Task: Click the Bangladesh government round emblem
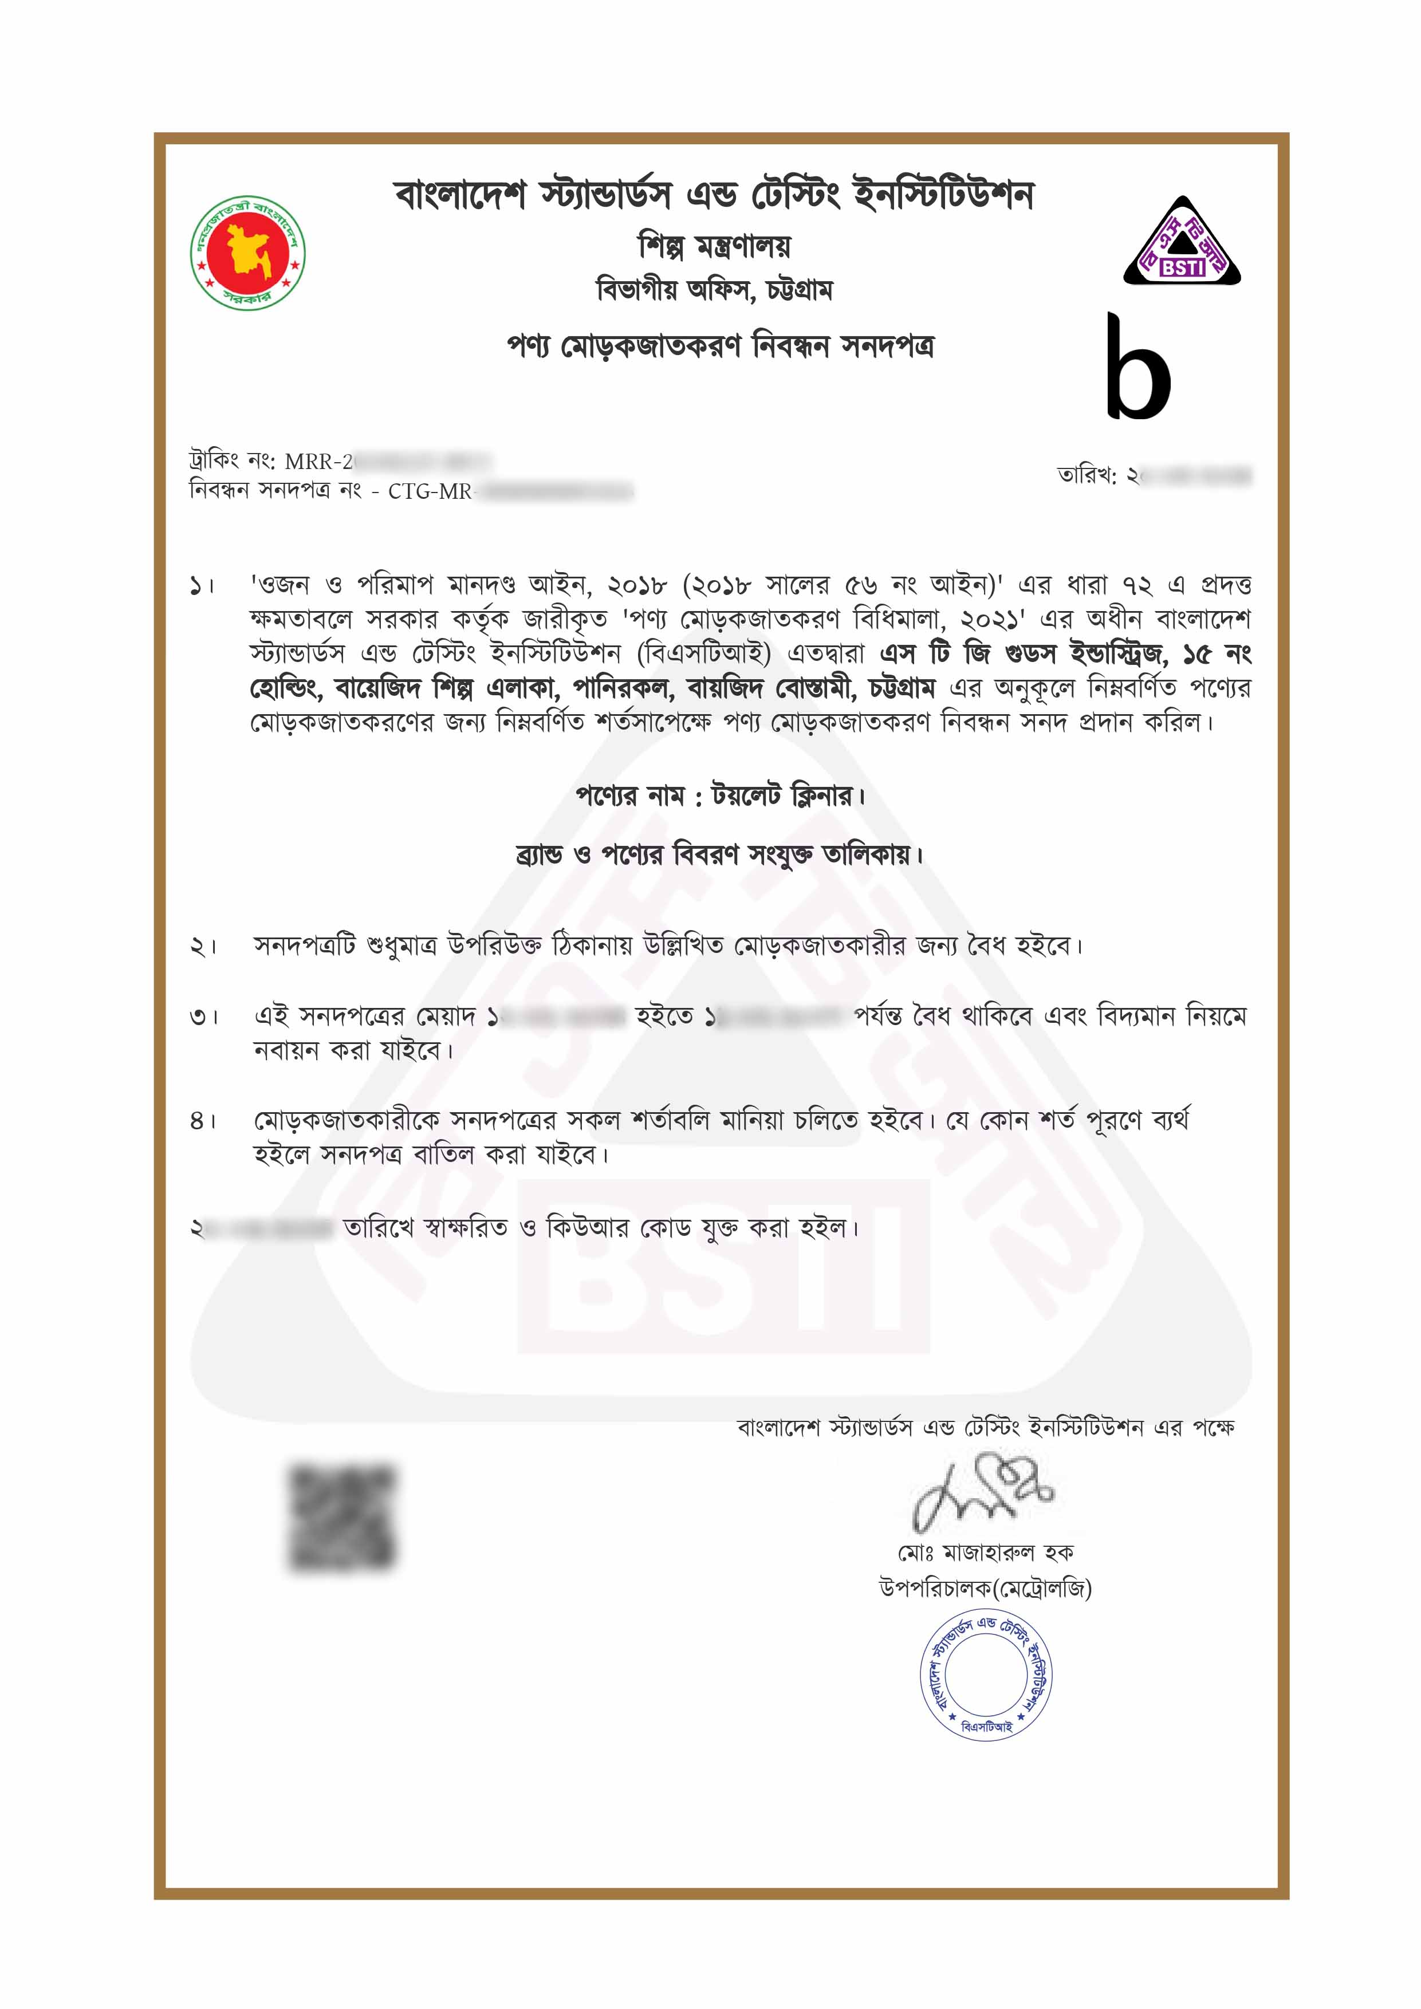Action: [x=247, y=253]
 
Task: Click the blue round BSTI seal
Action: [x=985, y=1676]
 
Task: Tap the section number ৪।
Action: [x=203, y=1121]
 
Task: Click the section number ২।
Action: [x=203, y=947]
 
